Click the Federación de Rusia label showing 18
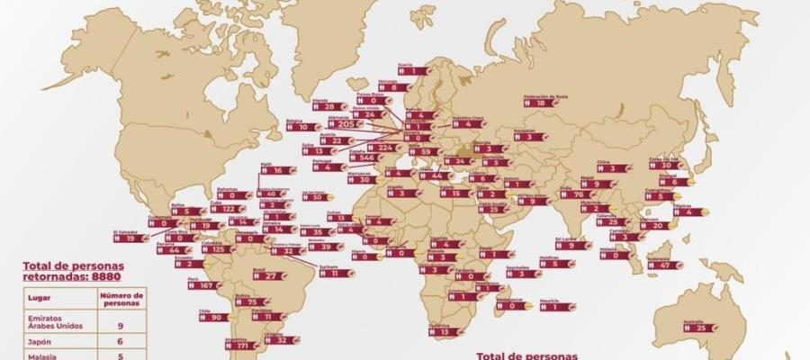click(x=541, y=103)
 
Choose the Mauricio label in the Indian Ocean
click(x=555, y=306)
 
